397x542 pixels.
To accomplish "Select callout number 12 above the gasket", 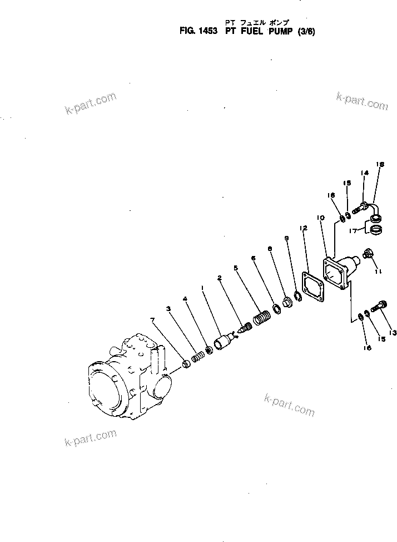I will click(x=303, y=228).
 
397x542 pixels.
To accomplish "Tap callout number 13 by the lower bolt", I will click(x=393, y=333).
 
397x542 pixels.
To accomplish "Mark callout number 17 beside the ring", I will click(x=352, y=230).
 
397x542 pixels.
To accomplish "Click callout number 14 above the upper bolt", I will click(x=364, y=173).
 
